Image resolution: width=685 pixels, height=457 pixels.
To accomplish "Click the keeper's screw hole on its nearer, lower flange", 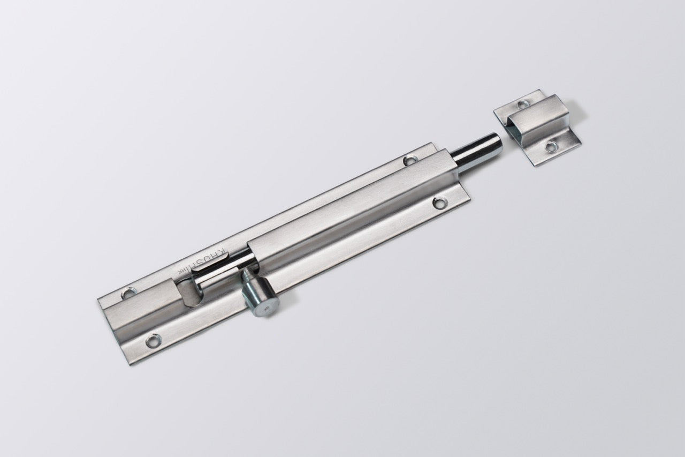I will (550, 146).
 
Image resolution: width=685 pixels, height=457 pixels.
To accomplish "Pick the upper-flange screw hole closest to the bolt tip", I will (410, 159).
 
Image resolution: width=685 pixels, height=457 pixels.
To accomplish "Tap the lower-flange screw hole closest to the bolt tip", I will (440, 203).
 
